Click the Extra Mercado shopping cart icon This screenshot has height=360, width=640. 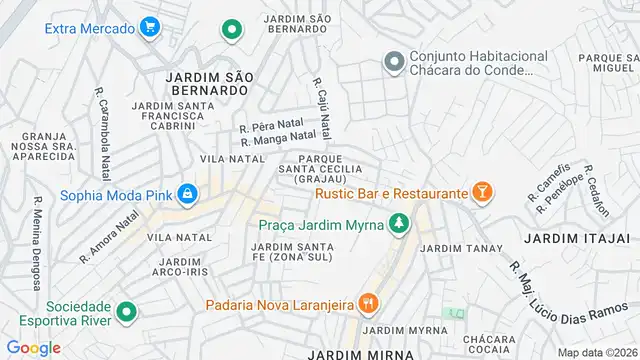(151, 27)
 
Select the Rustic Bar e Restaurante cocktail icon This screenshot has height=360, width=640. (481, 192)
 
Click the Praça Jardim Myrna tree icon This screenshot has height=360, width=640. (399, 224)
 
